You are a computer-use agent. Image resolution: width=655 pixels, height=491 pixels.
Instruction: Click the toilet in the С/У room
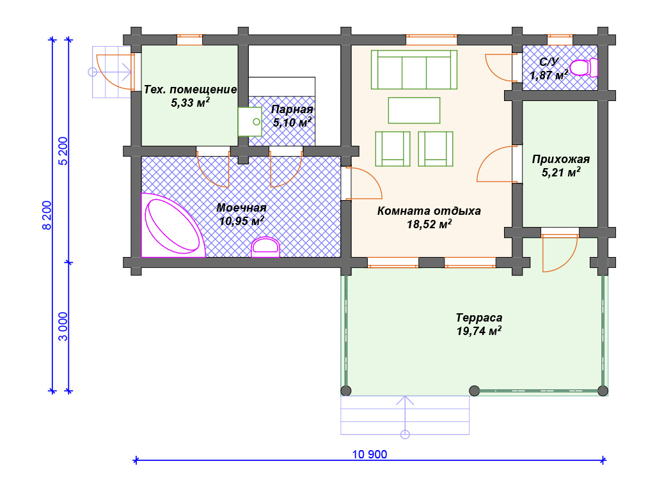coord(583,68)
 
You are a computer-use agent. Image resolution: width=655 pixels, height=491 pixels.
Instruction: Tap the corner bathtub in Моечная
coord(172,226)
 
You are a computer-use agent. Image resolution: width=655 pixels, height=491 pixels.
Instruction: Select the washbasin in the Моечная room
coord(265,247)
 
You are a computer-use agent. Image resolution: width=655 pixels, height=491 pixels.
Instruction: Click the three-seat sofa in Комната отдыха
coord(414,70)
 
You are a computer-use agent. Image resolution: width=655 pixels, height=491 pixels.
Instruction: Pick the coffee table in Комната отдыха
coord(414,110)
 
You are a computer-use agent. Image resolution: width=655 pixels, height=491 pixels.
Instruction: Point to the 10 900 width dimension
coord(370,455)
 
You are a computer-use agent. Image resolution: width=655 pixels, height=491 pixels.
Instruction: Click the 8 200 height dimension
coord(47,215)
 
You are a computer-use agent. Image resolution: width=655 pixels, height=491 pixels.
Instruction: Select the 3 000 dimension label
coord(63,327)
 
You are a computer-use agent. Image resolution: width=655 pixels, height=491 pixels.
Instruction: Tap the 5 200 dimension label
coord(63,151)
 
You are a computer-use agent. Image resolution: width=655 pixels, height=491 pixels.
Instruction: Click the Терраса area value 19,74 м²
coord(479,331)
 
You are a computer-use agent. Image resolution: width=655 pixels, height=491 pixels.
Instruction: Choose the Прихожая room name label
coord(561,159)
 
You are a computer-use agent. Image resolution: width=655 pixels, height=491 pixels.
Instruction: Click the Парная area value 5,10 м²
coord(292,122)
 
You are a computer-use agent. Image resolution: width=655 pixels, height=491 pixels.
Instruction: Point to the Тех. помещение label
coord(190,90)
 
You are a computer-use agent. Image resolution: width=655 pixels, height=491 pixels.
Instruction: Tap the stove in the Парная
coord(250,121)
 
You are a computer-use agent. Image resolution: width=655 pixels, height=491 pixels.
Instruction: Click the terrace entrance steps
coord(405,415)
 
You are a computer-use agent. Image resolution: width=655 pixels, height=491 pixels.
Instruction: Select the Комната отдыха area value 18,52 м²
coord(429,224)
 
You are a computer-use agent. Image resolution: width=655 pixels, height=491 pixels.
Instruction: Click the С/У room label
coord(549,62)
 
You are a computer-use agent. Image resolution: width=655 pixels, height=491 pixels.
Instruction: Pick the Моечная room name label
coord(241,208)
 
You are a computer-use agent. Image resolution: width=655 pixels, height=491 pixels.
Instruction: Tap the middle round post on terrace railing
coord(474,391)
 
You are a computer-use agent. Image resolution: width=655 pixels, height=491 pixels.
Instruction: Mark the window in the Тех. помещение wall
coord(189,40)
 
